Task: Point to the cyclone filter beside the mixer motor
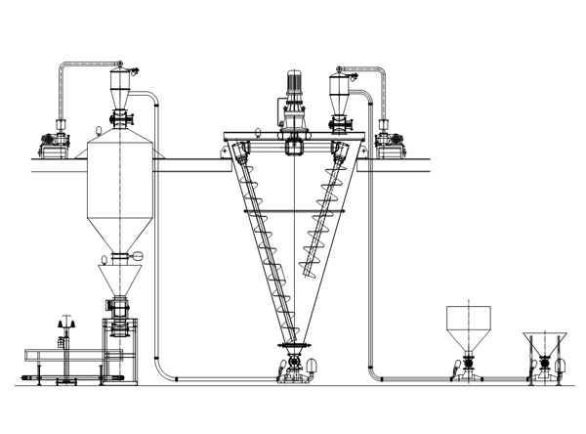pos(341,93)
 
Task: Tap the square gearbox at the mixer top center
pos(294,149)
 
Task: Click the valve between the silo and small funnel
pos(120,257)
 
